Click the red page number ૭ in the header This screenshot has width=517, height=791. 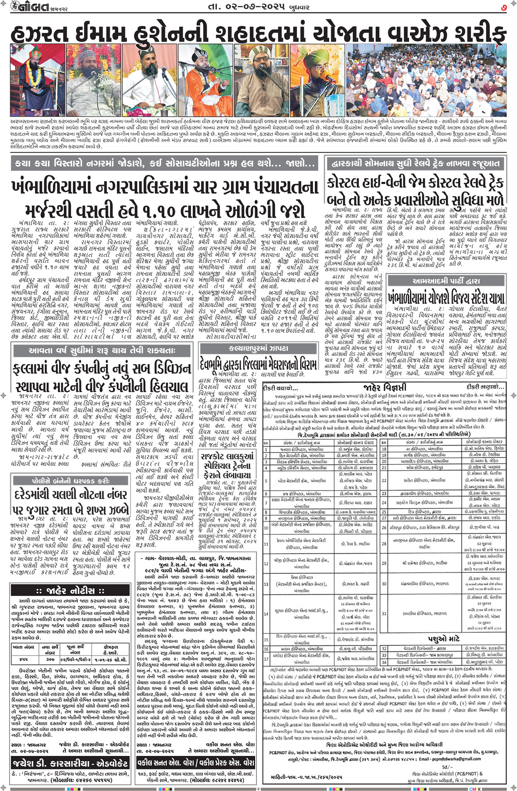pos(503,7)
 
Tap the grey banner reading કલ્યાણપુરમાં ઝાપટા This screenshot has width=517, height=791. pos(258,349)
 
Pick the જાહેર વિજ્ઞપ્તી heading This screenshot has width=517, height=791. pos(385,388)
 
